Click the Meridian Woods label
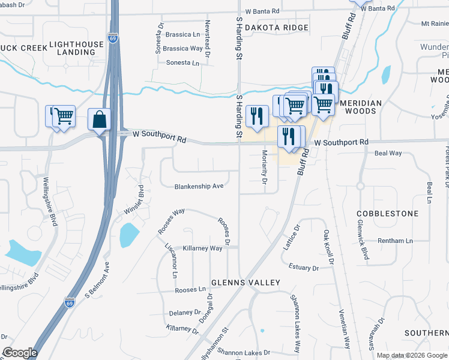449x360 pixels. [x=361, y=103]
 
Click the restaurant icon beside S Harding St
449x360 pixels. [x=257, y=116]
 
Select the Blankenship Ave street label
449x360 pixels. [x=199, y=186]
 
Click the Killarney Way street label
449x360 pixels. [x=203, y=248]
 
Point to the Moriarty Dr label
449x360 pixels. [x=264, y=169]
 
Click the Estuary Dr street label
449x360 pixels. [x=303, y=268]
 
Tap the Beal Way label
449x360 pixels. [x=388, y=154]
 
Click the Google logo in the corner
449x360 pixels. [x=20, y=353]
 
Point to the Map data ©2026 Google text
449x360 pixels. [x=411, y=355]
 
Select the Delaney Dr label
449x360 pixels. [x=184, y=313]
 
